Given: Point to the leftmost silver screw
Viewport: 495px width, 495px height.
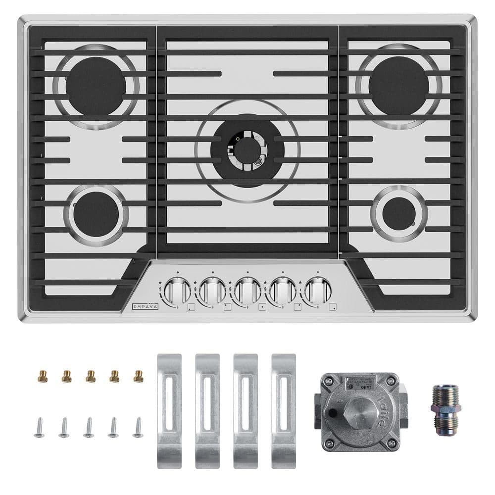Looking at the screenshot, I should (x=40, y=427).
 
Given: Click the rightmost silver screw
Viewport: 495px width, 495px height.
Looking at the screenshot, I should (x=138, y=427).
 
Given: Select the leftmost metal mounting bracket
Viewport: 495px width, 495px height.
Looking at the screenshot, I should (x=169, y=411).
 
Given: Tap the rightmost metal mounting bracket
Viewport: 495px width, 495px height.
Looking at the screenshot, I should (x=284, y=411).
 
